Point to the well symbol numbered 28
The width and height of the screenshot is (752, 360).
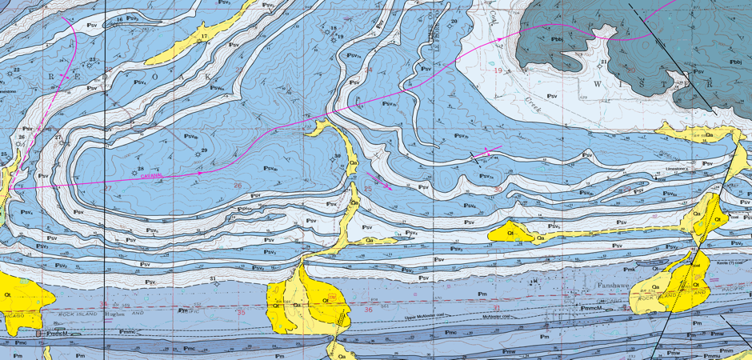point(131,170)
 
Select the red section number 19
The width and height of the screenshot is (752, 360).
point(498,71)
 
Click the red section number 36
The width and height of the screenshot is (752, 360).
point(368,309)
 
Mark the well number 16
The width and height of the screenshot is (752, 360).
point(120,19)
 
